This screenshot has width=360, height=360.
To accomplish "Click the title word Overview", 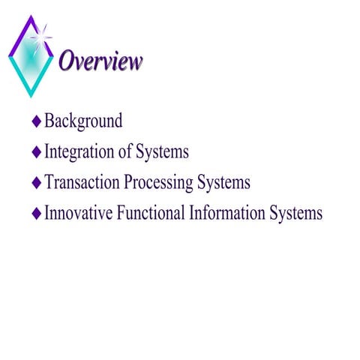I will click(x=100, y=61).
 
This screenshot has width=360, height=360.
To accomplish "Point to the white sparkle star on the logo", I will click(x=43, y=34).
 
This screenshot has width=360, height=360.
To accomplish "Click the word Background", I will click(x=83, y=121).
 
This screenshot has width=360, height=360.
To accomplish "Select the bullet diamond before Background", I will click(x=37, y=121).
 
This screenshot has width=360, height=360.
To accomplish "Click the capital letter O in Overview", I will click(x=67, y=61).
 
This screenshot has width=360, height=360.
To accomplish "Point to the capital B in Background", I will click(x=49, y=121).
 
